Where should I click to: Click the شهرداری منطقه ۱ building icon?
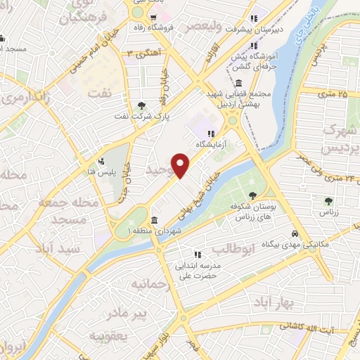[x=153, y=221]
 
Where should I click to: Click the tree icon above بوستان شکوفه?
[x=252, y=195]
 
